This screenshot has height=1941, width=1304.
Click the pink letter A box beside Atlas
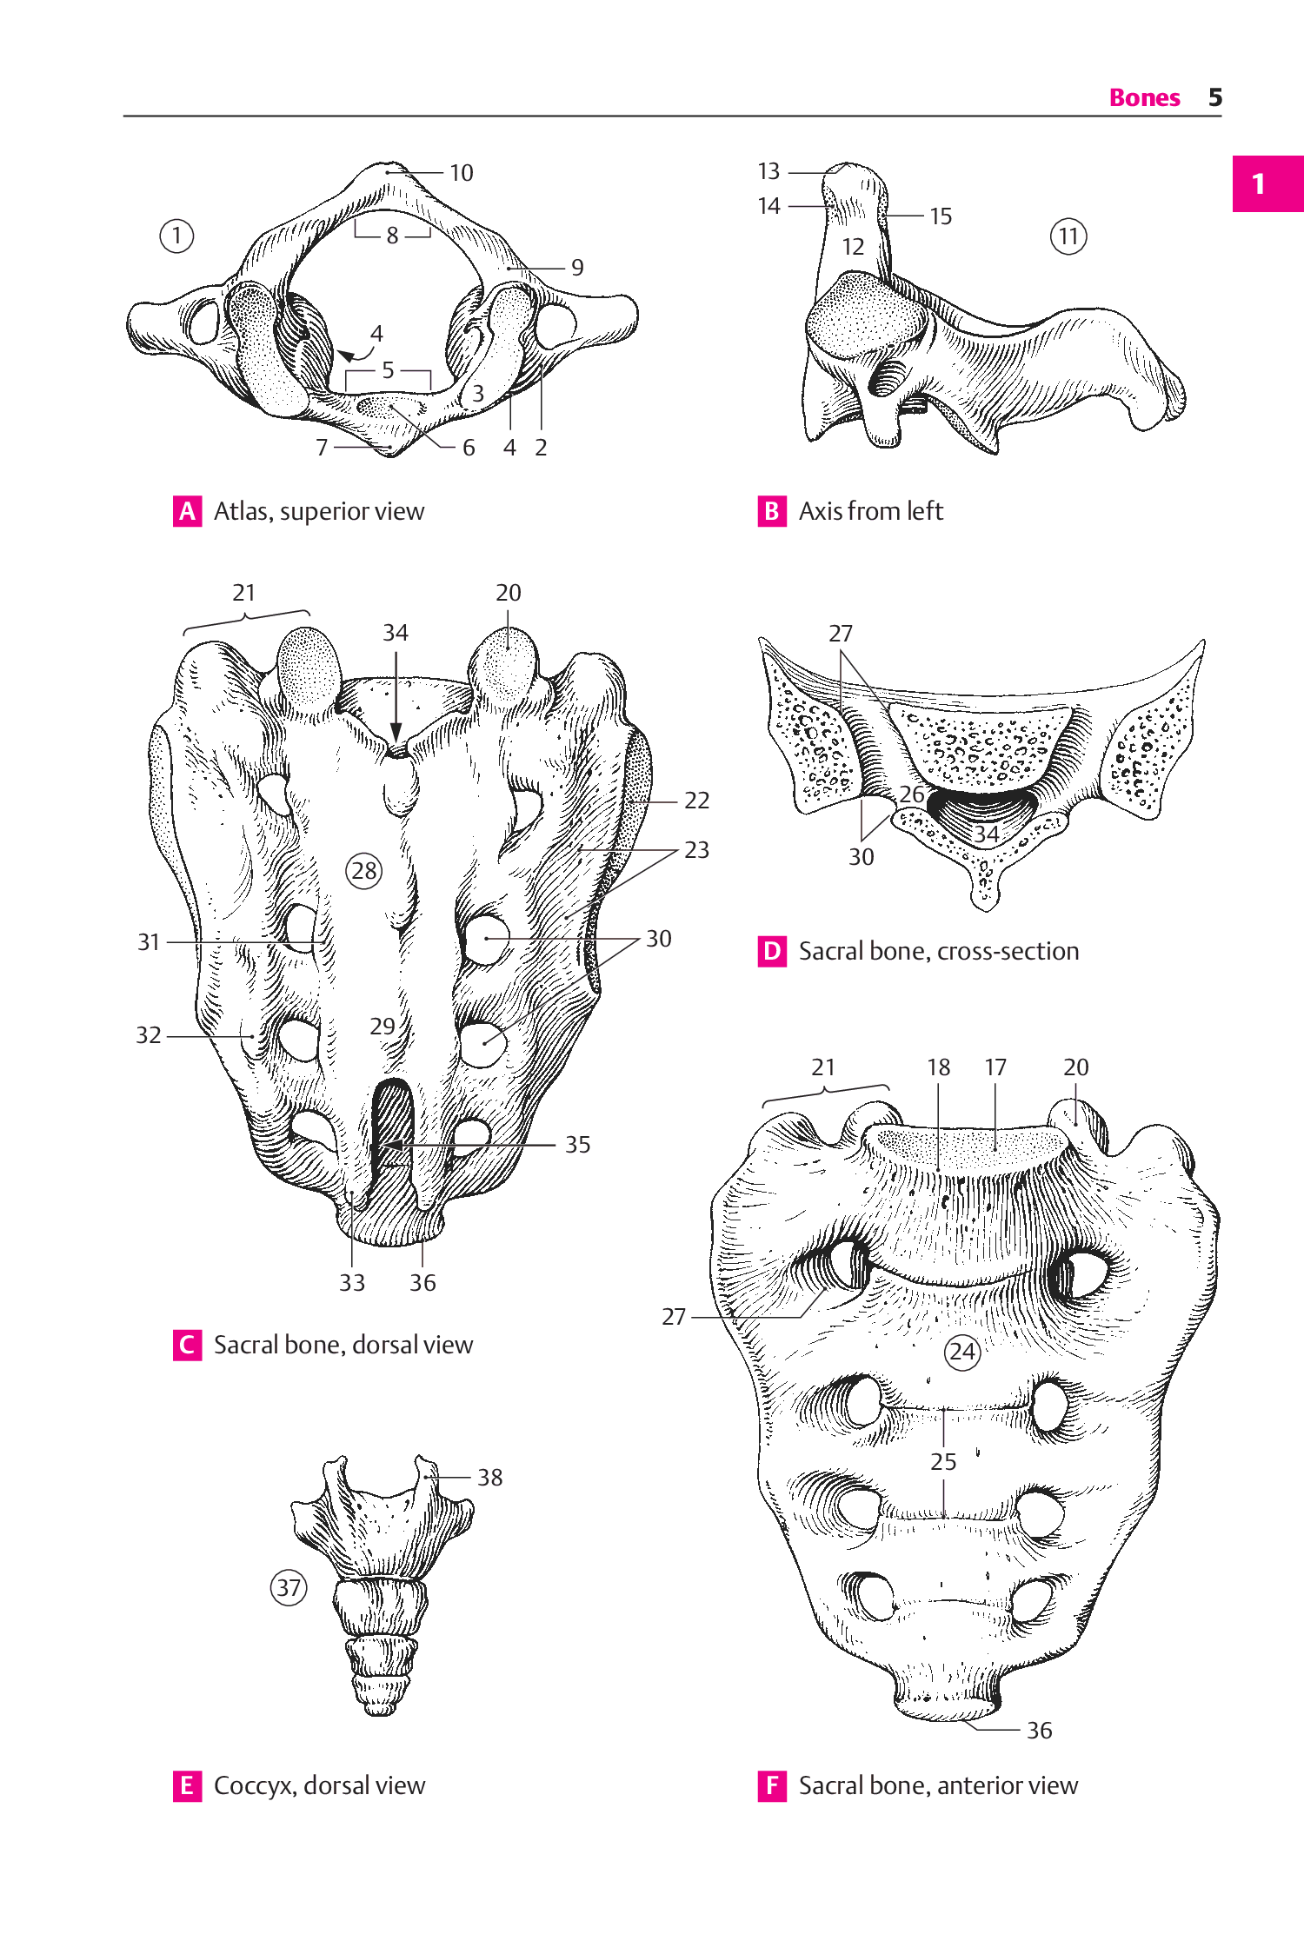point(187,511)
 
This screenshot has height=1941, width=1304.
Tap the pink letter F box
point(772,1785)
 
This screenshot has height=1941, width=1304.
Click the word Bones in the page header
point(1144,97)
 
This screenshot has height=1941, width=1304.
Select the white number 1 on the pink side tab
point(1258,184)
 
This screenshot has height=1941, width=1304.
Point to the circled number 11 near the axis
point(1068,236)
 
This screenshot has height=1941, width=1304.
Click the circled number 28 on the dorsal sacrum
point(364,870)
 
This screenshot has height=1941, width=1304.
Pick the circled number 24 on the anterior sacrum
point(962,1352)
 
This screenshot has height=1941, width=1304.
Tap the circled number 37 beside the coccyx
point(289,1588)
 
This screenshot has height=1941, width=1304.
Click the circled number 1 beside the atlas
point(176,236)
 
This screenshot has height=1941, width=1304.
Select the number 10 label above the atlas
point(461,173)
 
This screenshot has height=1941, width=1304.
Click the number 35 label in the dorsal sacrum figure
point(578,1145)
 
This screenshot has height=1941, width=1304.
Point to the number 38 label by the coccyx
point(490,1478)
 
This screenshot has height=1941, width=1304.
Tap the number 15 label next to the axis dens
point(941,216)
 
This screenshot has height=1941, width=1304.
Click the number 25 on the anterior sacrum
point(943,1462)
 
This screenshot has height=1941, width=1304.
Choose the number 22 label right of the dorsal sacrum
point(697,801)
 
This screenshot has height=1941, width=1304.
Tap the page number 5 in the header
point(1215,97)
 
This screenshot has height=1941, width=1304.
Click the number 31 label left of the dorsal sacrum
point(149,942)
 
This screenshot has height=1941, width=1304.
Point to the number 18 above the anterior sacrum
point(938,1067)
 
